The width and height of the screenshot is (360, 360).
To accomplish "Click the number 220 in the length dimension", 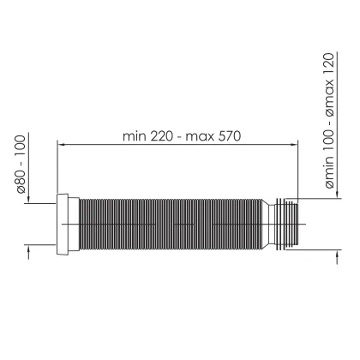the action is (161, 136).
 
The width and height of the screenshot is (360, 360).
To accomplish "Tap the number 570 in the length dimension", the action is (230, 136).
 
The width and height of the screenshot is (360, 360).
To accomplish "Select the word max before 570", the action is (200, 137).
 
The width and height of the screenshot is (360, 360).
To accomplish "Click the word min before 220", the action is (135, 137).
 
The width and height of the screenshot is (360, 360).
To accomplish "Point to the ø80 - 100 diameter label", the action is (21, 165).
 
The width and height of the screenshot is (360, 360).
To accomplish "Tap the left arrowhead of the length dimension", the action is (62, 145).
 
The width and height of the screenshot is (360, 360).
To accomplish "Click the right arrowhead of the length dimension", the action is (294, 145).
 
